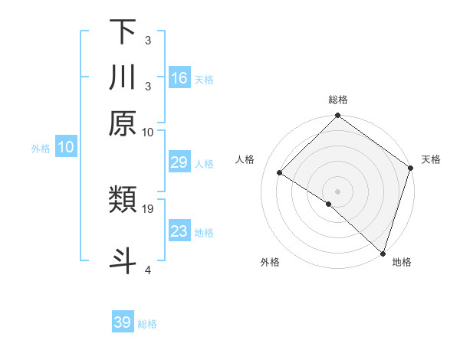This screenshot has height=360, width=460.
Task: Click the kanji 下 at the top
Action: (x=123, y=31)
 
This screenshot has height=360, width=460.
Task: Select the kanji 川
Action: (x=123, y=77)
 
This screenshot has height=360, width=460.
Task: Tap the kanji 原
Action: (x=123, y=123)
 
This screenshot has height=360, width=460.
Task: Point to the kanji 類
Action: (x=123, y=201)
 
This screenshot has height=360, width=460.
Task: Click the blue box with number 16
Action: (x=179, y=78)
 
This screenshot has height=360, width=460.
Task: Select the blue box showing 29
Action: (x=179, y=163)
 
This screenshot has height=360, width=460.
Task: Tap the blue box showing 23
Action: (x=179, y=231)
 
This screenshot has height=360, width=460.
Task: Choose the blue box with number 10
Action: (x=66, y=148)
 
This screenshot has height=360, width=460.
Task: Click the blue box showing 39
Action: (x=123, y=322)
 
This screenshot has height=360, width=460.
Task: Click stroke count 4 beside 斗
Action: (x=148, y=270)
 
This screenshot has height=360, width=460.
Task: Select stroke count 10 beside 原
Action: (x=148, y=132)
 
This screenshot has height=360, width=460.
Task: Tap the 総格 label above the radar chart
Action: (x=338, y=100)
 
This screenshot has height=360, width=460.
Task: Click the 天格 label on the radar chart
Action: (x=431, y=159)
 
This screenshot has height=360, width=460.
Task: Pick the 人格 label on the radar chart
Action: (x=245, y=159)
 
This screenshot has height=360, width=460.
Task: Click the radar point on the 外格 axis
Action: (x=329, y=204)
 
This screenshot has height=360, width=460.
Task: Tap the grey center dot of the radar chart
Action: (x=338, y=191)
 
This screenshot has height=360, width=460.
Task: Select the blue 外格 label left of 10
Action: (x=41, y=149)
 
